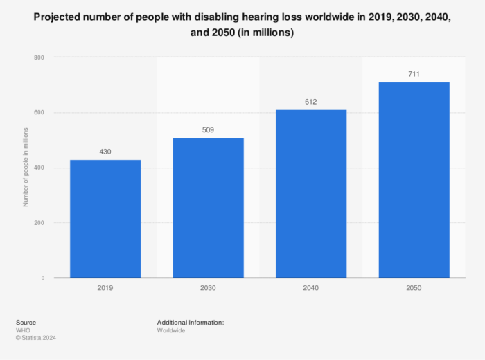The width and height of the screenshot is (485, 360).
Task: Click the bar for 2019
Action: (x=105, y=219)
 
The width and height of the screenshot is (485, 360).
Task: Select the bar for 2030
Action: (x=208, y=208)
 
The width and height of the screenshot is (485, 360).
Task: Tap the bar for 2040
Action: (x=311, y=194)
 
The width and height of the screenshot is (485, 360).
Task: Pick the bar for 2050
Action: (x=414, y=180)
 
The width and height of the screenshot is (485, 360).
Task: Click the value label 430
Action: (x=105, y=152)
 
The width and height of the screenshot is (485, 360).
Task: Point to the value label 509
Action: (x=208, y=129)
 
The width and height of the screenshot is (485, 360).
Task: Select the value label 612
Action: (x=311, y=102)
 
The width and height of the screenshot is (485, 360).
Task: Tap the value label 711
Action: (x=414, y=74)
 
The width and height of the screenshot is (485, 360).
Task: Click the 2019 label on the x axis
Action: (x=105, y=287)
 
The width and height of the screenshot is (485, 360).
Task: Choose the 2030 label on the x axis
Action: (x=208, y=287)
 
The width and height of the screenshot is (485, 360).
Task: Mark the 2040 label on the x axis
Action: (x=311, y=287)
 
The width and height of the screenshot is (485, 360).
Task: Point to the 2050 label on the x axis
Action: (x=414, y=287)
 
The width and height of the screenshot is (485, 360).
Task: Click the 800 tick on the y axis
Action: (x=39, y=57)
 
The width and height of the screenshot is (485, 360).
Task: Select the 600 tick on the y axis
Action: (x=39, y=113)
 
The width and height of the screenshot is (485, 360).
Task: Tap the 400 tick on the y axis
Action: (x=39, y=168)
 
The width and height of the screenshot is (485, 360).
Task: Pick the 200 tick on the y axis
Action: (x=39, y=223)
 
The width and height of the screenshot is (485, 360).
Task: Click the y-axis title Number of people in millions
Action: (x=26, y=168)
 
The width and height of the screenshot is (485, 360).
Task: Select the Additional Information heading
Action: (x=191, y=323)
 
